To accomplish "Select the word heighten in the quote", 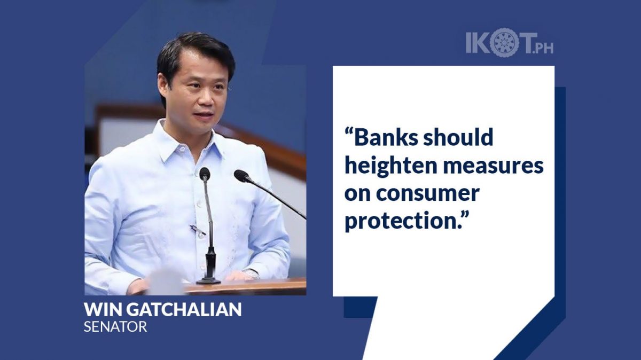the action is [390, 167].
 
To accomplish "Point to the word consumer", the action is [427, 194].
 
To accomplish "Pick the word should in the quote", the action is [458, 137].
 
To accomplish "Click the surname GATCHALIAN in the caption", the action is [184, 309].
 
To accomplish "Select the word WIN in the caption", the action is [103, 309].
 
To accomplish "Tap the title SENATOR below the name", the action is [115, 326].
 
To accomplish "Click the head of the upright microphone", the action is [205, 174].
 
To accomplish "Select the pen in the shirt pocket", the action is [197, 230].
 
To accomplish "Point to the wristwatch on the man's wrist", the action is [251, 274].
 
